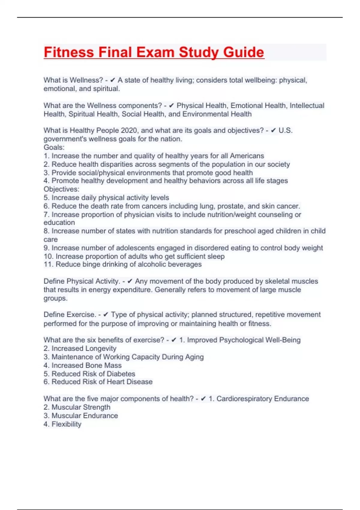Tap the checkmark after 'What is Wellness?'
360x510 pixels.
click(x=113, y=80)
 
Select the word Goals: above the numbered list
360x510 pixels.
click(x=54, y=147)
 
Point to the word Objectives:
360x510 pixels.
click(x=61, y=189)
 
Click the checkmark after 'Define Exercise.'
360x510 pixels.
click(x=106, y=315)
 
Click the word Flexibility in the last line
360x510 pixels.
click(x=66, y=424)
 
